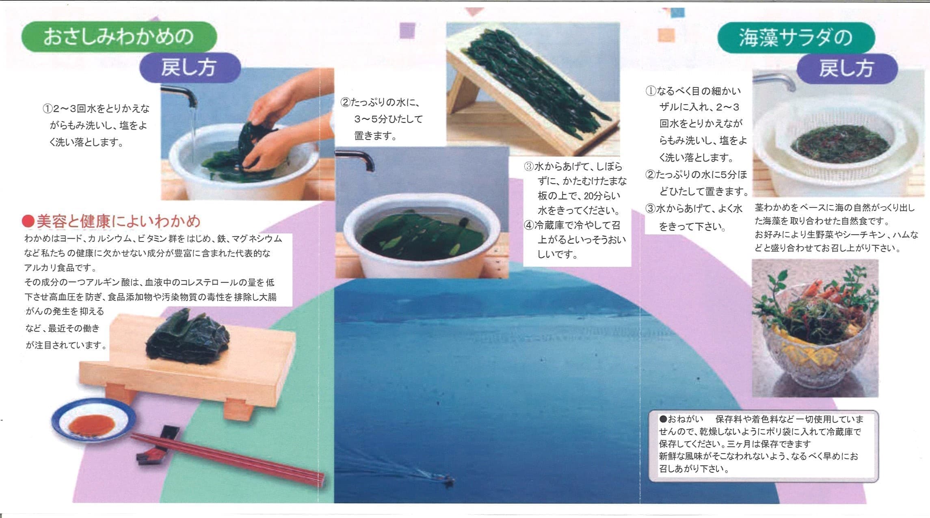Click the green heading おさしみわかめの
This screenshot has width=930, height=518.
click(x=119, y=37)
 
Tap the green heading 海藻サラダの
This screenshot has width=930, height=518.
click(x=796, y=37)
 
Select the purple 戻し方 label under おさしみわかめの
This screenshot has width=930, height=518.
click(x=190, y=68)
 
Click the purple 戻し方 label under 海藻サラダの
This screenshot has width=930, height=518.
click(x=846, y=69)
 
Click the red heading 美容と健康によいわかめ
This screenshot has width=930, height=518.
click(x=112, y=221)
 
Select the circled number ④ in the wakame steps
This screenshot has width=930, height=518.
click(x=529, y=225)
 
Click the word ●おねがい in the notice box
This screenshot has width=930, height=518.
click(x=681, y=419)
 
